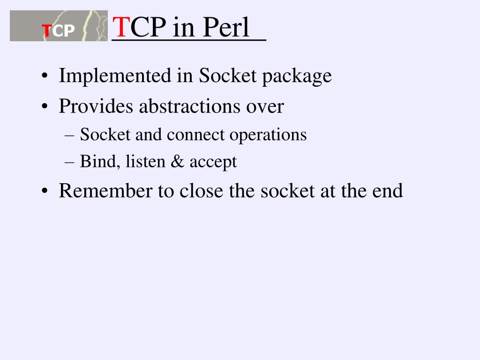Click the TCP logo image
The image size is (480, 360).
point(59,26)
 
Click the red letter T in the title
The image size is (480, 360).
point(121,28)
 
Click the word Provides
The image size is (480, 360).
point(96,106)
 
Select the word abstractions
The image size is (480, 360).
point(190,106)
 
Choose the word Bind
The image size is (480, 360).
point(97,162)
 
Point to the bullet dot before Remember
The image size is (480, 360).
point(44,192)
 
